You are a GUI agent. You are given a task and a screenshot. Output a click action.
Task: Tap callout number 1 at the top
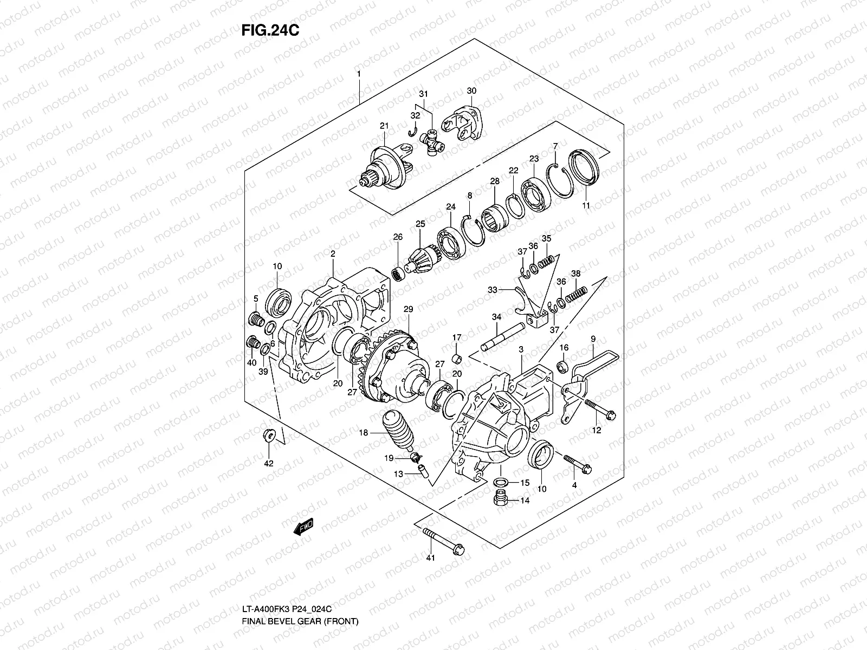click(358, 73)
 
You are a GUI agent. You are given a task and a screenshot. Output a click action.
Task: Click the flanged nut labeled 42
click(269, 434)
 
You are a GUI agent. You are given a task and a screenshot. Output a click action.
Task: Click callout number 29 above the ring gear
click(409, 309)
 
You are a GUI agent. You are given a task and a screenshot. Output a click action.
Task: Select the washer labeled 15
click(501, 482)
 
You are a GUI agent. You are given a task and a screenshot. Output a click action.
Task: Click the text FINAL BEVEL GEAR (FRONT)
click(300, 637)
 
